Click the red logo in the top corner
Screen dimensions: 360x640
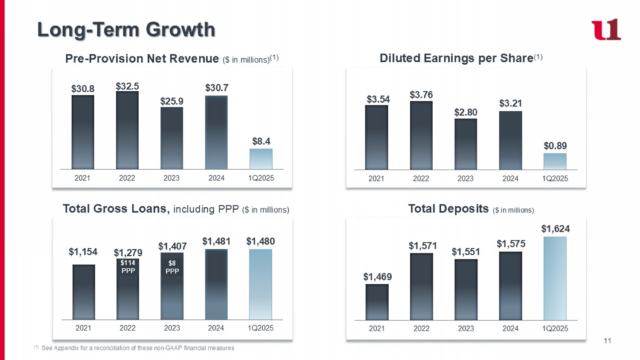coord(606,29)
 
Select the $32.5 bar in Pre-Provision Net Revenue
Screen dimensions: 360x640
coord(127,130)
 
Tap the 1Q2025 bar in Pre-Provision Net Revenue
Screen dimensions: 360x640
coord(261,159)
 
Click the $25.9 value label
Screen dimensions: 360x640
coord(172,101)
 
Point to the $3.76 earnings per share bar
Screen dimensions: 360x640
coord(421,135)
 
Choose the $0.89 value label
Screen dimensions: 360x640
coord(555,146)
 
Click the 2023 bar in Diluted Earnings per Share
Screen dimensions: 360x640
coord(465,144)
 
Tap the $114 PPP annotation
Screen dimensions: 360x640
coord(128,267)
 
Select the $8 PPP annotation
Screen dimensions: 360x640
coord(172,267)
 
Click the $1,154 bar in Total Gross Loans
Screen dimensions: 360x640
coord(84,292)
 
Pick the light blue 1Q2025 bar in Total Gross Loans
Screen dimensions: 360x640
coord(260,285)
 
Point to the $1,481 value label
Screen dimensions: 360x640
coord(216,241)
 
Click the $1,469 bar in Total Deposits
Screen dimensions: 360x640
coord(377,302)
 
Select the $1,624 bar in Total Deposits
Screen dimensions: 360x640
coord(555,279)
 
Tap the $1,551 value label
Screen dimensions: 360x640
coord(466,252)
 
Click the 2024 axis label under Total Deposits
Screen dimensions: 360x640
coord(510,328)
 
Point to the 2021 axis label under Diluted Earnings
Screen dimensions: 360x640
coord(376,178)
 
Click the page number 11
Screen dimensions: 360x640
coord(608,340)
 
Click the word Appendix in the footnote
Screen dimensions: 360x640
coord(66,348)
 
